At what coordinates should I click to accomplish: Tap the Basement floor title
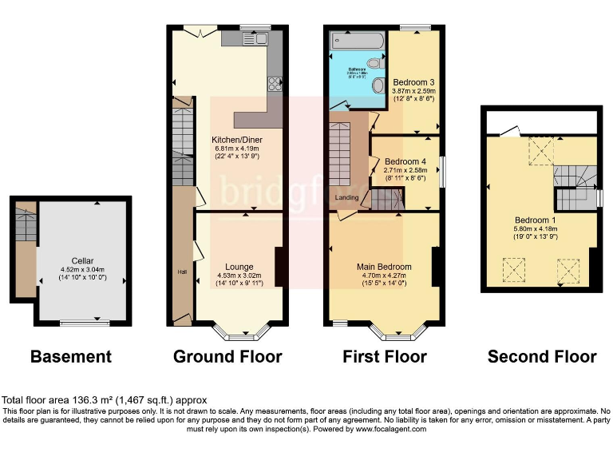[x=70, y=356]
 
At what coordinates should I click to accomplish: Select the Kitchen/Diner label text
[x=236, y=140]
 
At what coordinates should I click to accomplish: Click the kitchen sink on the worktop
[x=257, y=38]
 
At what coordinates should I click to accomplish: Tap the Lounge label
[x=239, y=267]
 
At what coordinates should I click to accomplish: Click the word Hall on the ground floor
[x=182, y=272]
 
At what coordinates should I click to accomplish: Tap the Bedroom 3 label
[x=413, y=82]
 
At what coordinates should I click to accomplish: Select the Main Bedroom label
[x=385, y=267]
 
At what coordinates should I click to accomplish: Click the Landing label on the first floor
[x=347, y=199]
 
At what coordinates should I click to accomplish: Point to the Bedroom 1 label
[x=535, y=220]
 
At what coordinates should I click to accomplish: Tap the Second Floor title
[x=541, y=356]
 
